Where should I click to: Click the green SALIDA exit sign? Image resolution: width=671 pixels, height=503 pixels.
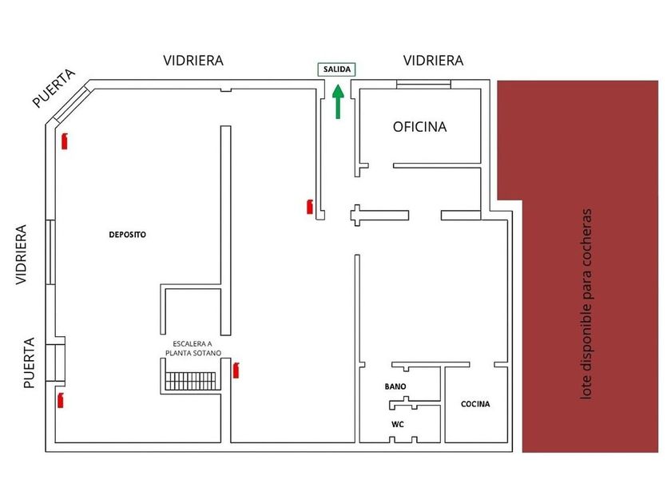(336, 69)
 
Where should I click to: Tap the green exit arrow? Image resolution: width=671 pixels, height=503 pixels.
(338, 101)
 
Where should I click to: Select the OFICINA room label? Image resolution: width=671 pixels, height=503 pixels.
(420, 127)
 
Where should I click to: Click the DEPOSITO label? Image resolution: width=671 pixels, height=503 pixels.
(128, 235)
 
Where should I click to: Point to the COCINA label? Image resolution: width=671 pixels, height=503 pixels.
(475, 404)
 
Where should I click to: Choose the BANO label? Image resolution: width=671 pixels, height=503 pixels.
(395, 386)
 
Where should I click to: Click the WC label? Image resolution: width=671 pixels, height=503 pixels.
(398, 424)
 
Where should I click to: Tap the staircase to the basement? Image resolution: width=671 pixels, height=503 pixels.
(191, 381)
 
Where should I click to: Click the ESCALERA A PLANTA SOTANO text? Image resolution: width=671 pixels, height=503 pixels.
(193, 348)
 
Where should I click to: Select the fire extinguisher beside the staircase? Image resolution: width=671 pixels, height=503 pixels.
(236, 370)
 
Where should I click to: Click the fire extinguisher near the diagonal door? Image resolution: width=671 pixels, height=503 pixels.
(65, 141)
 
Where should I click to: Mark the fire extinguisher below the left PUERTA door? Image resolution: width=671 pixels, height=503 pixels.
(61, 400)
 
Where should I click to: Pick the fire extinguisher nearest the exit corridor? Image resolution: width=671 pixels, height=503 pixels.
(310, 207)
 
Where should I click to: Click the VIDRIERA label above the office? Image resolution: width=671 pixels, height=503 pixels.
(434, 61)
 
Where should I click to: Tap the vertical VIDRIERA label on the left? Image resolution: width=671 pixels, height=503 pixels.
(21, 255)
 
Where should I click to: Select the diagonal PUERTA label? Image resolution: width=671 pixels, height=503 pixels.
(54, 89)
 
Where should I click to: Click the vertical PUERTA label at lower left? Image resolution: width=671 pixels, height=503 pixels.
(29, 363)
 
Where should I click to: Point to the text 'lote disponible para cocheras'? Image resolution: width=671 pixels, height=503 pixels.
(586, 304)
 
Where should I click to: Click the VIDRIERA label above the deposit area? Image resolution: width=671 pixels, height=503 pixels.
(193, 61)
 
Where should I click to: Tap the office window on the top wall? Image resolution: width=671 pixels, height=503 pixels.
(423, 85)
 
